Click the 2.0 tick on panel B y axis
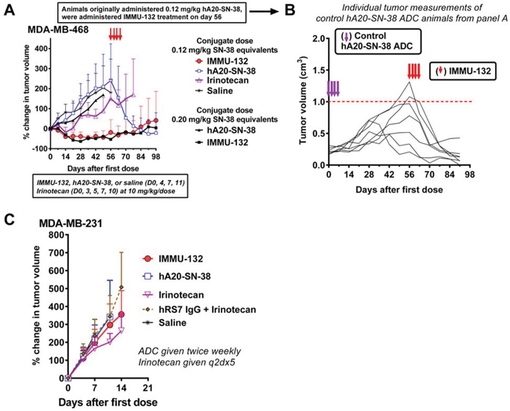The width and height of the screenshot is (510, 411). [315, 39]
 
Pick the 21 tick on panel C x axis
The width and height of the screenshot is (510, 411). [146, 387]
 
